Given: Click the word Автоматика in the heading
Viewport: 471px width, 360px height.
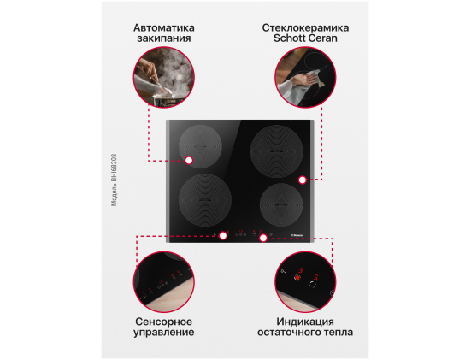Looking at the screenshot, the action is coord(164,28).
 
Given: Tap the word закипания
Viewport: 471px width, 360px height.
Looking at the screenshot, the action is coord(164,38).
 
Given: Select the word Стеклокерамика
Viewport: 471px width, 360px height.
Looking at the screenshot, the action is coord(305,28).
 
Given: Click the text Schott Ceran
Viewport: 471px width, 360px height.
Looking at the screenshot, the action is coord(305,38).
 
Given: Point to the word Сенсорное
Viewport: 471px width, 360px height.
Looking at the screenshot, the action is coord(164,322).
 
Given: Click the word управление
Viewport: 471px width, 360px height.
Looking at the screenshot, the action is coord(164,333).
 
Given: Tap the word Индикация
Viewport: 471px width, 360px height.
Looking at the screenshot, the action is coord(305,322).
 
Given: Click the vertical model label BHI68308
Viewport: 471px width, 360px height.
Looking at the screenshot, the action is coord(115,180).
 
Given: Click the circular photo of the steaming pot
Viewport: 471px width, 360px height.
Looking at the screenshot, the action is coord(164,77).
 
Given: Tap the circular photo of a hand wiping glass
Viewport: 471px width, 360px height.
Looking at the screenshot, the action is coord(305,77).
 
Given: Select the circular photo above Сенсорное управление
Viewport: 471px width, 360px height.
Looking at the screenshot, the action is coord(164,282).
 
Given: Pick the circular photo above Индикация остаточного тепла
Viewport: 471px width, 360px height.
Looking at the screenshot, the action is coord(305,282).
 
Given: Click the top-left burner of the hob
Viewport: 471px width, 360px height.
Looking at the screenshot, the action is coord(200,146).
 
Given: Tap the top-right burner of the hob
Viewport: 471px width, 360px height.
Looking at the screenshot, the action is coord(277,151).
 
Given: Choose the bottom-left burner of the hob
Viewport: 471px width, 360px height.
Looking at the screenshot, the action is coord(205,200).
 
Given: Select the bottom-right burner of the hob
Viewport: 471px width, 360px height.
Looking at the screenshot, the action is coord(281,204).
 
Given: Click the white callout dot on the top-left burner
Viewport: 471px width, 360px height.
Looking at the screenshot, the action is coord(189,161).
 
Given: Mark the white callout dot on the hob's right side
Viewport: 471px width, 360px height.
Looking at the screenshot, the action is coord(303,180).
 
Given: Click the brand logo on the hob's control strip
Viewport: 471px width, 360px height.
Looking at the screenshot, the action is coord(297,235).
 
